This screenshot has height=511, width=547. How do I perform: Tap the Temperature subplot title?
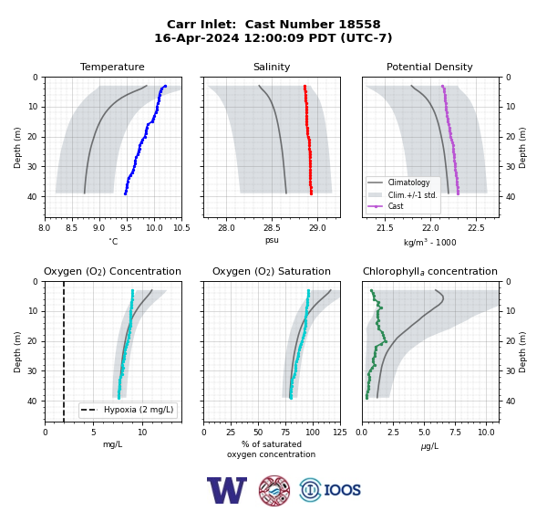point(112,67)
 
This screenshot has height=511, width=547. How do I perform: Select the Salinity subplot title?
point(272,67)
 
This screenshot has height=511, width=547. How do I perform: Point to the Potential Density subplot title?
point(429,67)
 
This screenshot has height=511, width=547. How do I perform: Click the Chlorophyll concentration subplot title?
point(429,271)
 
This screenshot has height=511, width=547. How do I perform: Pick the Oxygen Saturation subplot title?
point(272,271)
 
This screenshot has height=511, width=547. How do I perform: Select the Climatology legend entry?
point(398,182)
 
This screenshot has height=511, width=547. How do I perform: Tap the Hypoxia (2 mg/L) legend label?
point(139,410)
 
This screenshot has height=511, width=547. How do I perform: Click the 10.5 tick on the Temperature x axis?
point(181,228)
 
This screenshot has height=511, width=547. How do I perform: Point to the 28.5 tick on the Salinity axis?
point(272,228)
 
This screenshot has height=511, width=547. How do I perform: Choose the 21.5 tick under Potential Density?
point(385,228)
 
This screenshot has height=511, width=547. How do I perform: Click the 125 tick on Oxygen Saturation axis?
point(340,433)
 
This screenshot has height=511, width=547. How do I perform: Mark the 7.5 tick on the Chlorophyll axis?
point(455,433)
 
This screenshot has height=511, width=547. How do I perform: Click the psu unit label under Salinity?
point(272,240)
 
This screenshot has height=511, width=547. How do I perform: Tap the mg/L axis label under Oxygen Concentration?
point(112,444)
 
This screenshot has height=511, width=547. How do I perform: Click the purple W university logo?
point(227,490)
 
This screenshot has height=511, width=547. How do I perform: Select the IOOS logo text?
point(342,490)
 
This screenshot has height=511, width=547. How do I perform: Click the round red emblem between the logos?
point(274,490)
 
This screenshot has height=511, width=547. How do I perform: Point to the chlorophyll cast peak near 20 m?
point(386,341)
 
